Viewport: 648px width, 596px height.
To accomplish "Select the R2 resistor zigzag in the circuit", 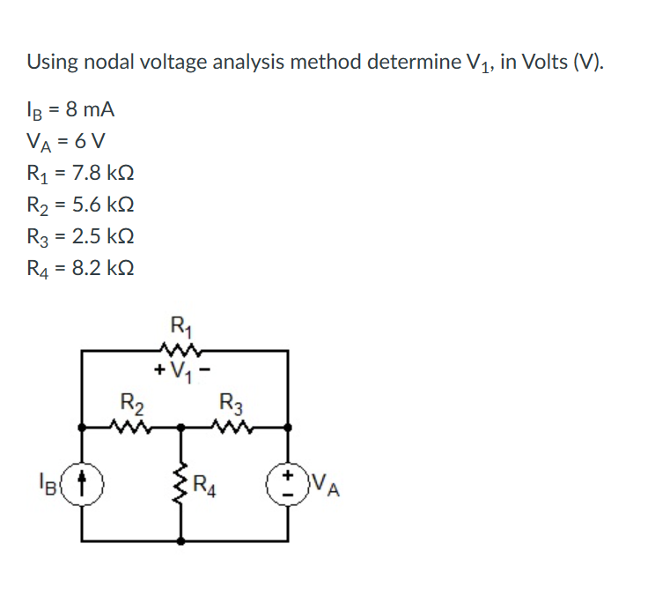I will (132, 427).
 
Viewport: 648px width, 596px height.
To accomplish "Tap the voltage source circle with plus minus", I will (288, 482).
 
